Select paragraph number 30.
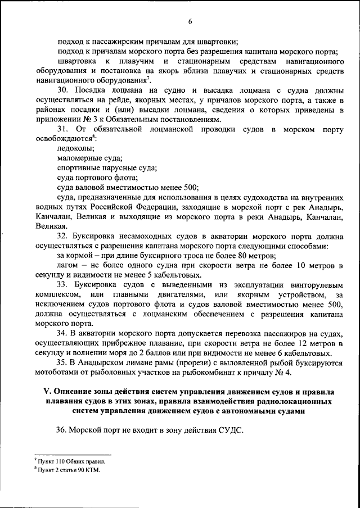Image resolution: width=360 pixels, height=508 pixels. pyautogui.click(x=64, y=89)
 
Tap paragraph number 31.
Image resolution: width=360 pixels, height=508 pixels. pyautogui.click(x=64, y=130)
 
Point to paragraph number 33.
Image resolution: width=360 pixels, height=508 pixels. pyautogui.click(x=64, y=285)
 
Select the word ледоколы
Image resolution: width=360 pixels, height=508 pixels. pyautogui.click(x=76, y=149)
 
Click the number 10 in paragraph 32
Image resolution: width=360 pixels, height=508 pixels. pyautogui.click(x=301, y=265)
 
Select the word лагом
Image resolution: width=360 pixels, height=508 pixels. pyautogui.click(x=69, y=265)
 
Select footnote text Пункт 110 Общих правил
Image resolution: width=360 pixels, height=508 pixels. pyautogui.click(x=71, y=461)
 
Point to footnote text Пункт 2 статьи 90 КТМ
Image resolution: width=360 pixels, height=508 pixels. pyautogui.click(x=69, y=470)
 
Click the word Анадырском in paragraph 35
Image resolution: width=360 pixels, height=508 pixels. pyautogui.click(x=103, y=362)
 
